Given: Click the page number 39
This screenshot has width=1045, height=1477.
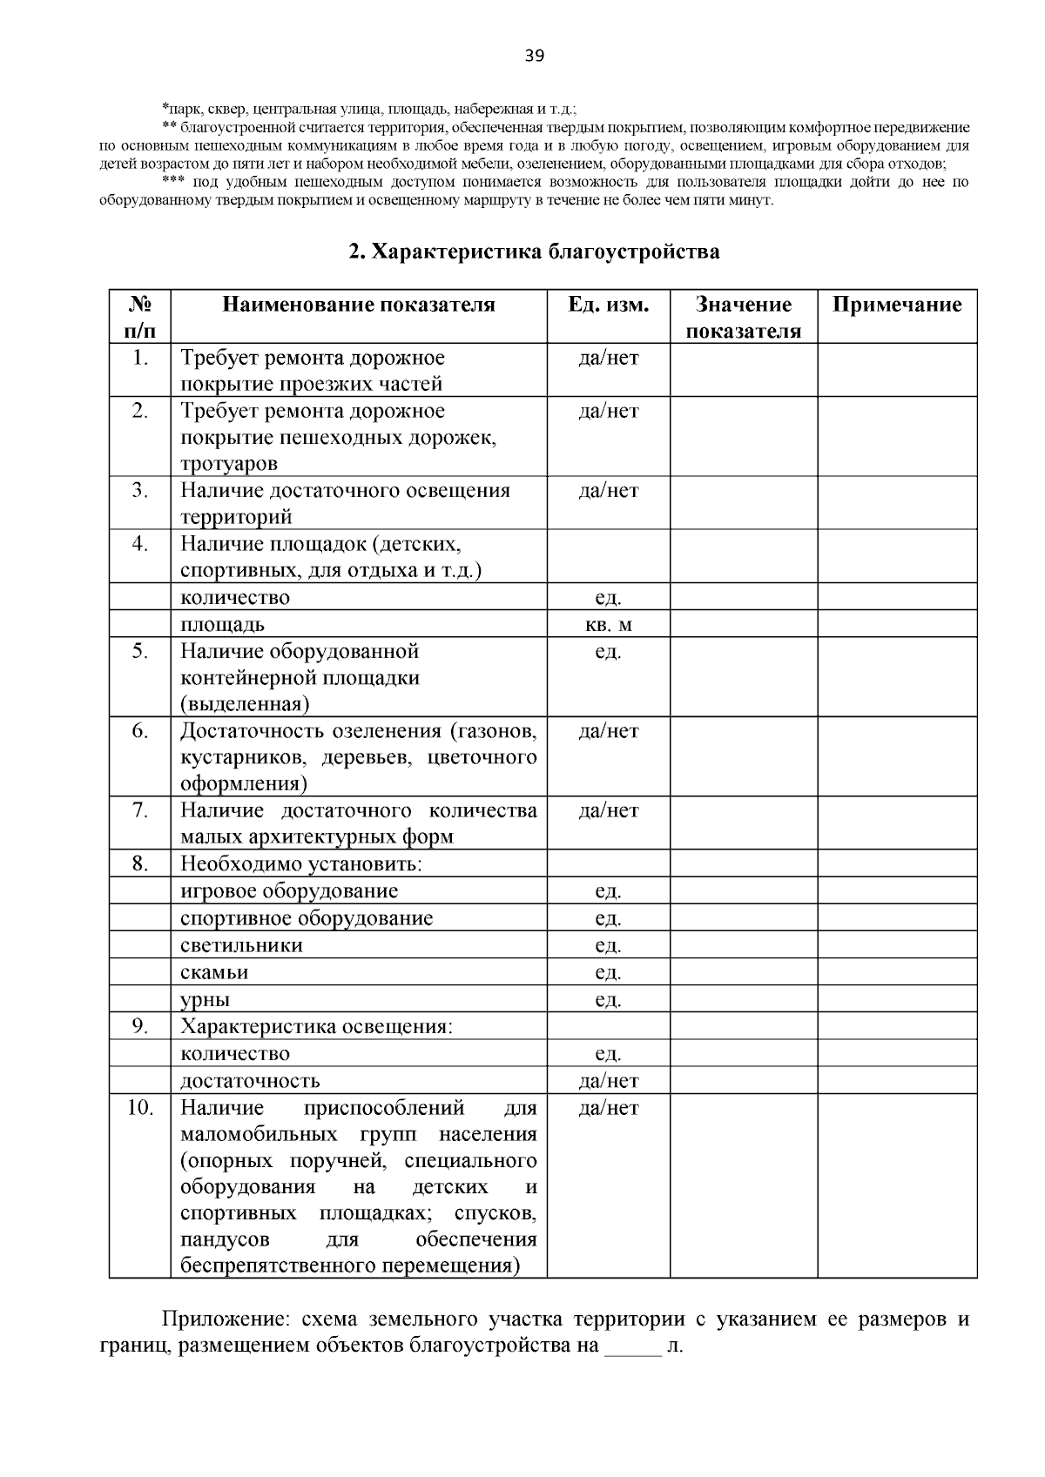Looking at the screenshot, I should coord(534,57).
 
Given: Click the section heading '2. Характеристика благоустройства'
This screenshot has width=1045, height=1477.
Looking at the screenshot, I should coord(534,252).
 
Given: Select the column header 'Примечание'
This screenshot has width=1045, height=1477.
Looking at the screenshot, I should coord(896,305).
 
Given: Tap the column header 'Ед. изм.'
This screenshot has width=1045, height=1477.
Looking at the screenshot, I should coord(608,305).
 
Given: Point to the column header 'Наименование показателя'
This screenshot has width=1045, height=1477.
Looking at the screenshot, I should coord(358,305).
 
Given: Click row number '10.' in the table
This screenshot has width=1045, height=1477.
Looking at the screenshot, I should coord(139,1107).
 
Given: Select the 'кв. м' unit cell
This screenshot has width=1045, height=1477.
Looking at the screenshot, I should coord(608,625).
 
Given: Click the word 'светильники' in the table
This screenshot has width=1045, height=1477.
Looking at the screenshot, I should coord(241,945).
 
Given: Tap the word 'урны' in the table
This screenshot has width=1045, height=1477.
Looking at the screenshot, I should coord(206,1000).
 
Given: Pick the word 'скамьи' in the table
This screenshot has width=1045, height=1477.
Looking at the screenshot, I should coord(214,972).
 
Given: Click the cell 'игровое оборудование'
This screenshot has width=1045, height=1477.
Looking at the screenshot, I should coord(289,891).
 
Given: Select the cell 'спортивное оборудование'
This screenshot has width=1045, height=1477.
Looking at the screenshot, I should coord(307,918).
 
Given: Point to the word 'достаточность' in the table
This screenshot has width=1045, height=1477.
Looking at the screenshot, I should coord(250,1081).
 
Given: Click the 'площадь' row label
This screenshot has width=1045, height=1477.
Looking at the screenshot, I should coord(222,625).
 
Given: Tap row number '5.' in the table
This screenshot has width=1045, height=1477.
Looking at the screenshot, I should coord(139,651).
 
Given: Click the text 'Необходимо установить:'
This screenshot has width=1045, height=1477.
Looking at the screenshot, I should coord(301,864).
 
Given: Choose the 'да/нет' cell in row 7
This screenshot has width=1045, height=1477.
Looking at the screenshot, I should coord(608,810).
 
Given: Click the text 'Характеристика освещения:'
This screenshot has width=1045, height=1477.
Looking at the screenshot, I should coord(316,1026).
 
